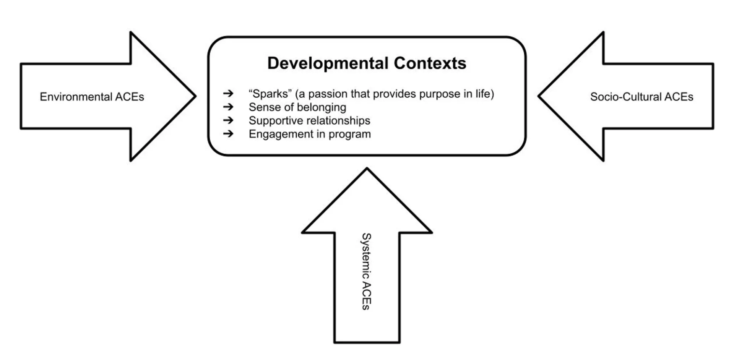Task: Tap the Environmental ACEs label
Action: pyautogui.click(x=92, y=97)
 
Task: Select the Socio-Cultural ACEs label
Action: pyautogui.click(x=641, y=97)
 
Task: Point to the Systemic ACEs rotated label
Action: pyautogui.click(x=366, y=271)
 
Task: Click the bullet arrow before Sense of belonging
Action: pyautogui.click(x=228, y=107)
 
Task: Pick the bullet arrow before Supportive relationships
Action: pyautogui.click(x=228, y=120)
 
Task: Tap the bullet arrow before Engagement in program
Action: pyautogui.click(x=228, y=134)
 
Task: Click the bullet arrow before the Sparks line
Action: pyautogui.click(x=228, y=93)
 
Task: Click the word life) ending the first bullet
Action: pyautogui.click(x=484, y=94)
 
